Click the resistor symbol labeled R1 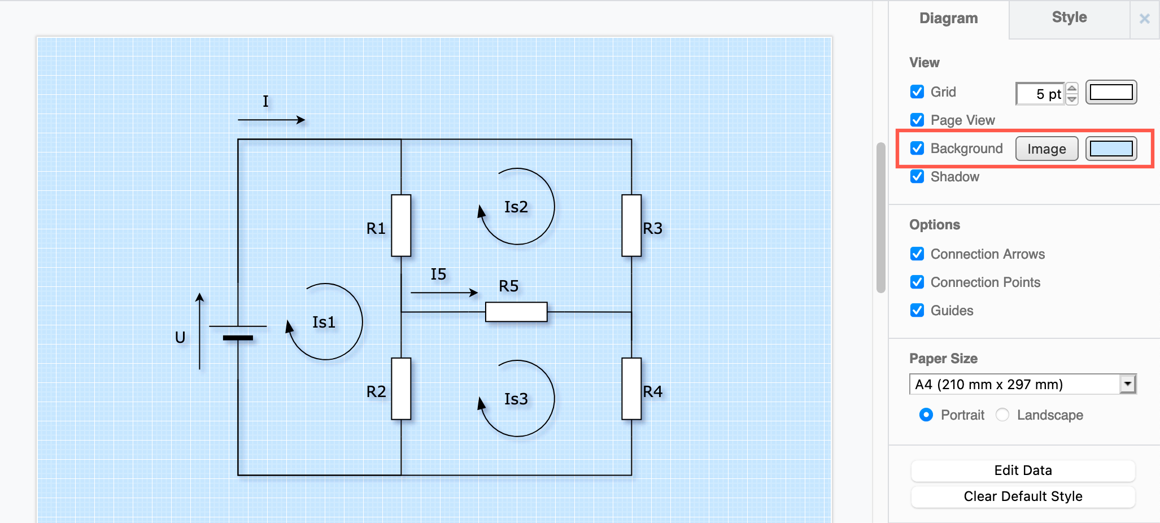[401, 225]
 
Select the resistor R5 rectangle [516, 312]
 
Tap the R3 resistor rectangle [631, 225]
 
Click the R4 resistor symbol [631, 389]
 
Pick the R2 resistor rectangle [401, 389]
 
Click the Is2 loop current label [516, 207]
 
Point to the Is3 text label [516, 399]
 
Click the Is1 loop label [324, 322]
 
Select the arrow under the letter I [271, 120]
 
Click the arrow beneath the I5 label [444, 293]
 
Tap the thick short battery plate [238, 338]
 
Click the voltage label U [180, 337]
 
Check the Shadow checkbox [917, 176]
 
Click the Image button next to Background [1046, 149]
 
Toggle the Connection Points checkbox [917, 282]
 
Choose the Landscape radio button [1002, 415]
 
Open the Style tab [1069, 18]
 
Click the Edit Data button [1023, 470]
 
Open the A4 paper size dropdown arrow [1127, 384]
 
